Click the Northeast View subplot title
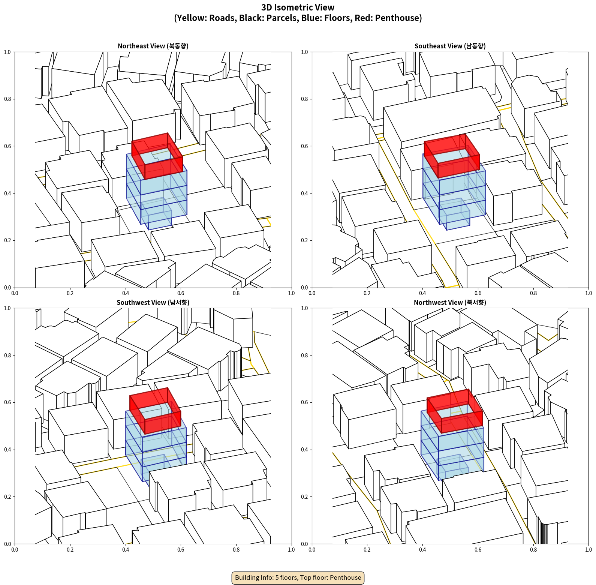tap(153, 46)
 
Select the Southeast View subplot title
tap(450, 46)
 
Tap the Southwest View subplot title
tap(153, 302)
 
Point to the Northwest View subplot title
tap(450, 302)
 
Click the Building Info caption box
tap(298, 577)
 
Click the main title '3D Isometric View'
tap(298, 7)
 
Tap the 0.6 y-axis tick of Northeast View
tap(7, 146)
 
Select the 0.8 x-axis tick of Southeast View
tap(533, 293)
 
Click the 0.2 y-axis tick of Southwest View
tap(7, 497)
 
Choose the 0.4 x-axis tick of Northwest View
tap(422, 550)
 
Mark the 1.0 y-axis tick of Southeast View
tap(304, 52)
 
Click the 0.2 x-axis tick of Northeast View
tap(70, 293)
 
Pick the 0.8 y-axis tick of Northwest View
tap(304, 355)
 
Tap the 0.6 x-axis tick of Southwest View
tap(181, 550)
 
